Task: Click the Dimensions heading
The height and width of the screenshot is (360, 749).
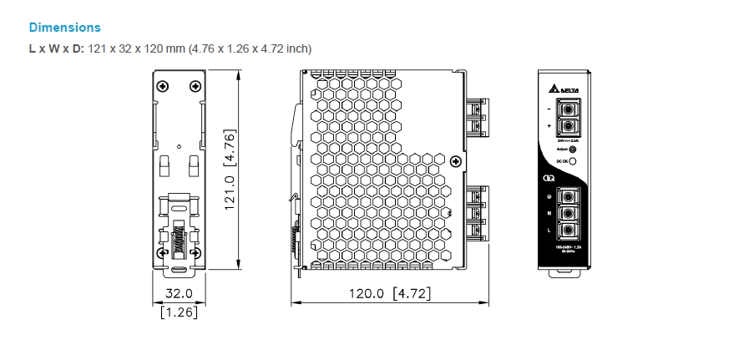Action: (x=64, y=28)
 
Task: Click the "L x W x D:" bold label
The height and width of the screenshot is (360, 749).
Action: (x=57, y=48)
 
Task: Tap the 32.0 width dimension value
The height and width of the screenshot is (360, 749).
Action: (x=178, y=293)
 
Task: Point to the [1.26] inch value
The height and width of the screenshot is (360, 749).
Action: (x=179, y=312)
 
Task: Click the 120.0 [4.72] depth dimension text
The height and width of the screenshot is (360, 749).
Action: (x=389, y=293)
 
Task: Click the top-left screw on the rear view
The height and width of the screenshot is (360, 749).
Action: (x=162, y=85)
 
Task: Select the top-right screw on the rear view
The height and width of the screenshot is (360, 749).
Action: (x=195, y=85)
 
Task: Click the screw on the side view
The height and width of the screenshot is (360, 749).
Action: (x=455, y=161)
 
